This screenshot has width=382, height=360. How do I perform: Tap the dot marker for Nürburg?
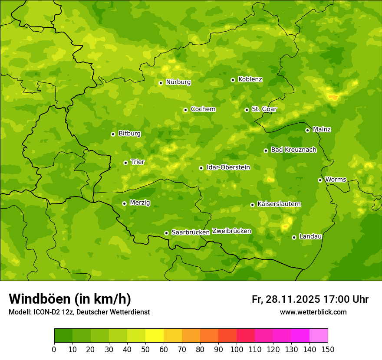pyautogui.click(x=161, y=83)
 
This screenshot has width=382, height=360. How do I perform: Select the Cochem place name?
pyautogui.click(x=203, y=109)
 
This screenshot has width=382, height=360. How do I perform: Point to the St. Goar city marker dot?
pyautogui.click(x=247, y=110)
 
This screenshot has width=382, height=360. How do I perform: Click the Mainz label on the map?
pyautogui.click(x=322, y=130)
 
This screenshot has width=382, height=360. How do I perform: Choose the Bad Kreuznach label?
pyautogui.click(x=293, y=150)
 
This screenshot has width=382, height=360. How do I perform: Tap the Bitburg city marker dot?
pyautogui.click(x=113, y=134)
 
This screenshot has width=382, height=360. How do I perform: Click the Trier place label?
pyautogui.click(x=138, y=162)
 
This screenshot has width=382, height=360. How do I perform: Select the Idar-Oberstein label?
pyautogui.click(x=228, y=167)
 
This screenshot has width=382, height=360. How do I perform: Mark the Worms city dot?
pyautogui.click(x=320, y=180)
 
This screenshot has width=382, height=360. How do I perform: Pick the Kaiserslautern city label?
pyautogui.click(x=279, y=204)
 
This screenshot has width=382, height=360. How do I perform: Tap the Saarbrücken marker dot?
pyautogui.click(x=166, y=233)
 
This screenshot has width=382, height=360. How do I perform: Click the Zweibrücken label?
pyautogui.click(x=231, y=231)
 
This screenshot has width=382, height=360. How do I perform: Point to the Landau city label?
pyautogui.click(x=310, y=237)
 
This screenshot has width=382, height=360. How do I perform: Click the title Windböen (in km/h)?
pyautogui.click(x=70, y=299)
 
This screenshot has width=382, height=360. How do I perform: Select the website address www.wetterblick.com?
pyautogui.click(x=313, y=312)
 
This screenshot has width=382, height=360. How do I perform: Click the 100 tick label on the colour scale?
pyautogui.click(x=237, y=349)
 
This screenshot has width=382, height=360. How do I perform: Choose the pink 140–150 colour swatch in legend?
pyautogui.click(x=319, y=336)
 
